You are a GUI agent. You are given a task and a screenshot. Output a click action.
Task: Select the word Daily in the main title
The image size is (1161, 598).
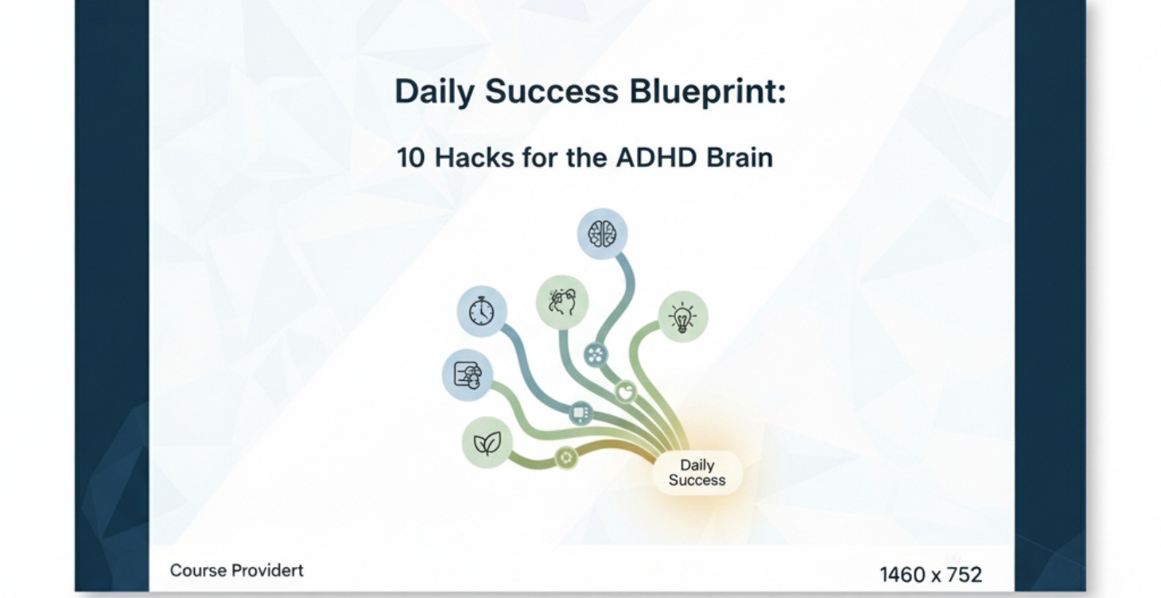point(433,91)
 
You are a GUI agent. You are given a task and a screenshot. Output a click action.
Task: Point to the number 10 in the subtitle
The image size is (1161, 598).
point(412,157)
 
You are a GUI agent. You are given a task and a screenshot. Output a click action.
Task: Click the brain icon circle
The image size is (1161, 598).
point(602,234)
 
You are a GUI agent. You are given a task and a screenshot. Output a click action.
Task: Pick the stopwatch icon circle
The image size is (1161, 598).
point(482,311)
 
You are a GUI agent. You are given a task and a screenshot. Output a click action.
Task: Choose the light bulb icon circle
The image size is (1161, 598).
point(682,317)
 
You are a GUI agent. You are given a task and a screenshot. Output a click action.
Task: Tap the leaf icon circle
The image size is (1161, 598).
point(487,442)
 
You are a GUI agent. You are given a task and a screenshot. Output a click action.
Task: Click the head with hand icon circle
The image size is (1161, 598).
point(562,302)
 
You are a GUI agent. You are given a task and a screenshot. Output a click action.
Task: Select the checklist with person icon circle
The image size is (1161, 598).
point(468,375)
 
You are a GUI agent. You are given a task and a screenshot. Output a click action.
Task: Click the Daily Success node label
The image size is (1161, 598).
point(697,472)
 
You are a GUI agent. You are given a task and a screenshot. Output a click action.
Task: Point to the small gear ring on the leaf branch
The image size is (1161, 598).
point(565,457)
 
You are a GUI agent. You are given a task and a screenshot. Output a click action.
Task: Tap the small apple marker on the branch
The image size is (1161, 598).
point(627,391)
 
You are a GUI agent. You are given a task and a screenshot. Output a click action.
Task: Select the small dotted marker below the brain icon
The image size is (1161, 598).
point(596,354)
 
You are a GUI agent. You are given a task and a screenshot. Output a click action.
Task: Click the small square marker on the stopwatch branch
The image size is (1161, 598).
point(581,413)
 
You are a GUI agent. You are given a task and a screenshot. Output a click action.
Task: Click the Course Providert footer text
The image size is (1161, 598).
point(237,570)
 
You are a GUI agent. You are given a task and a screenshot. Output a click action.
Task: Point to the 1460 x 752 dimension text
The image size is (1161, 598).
point(930,574)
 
